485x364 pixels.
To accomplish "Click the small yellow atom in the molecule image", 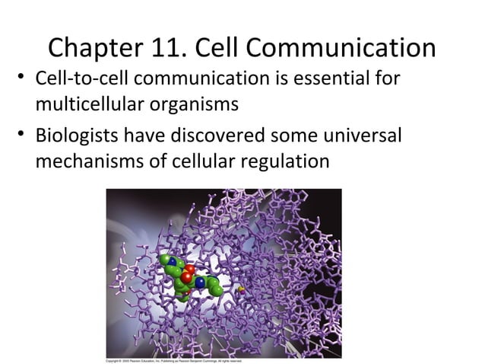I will [241, 289].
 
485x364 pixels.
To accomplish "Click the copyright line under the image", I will [173, 360].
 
